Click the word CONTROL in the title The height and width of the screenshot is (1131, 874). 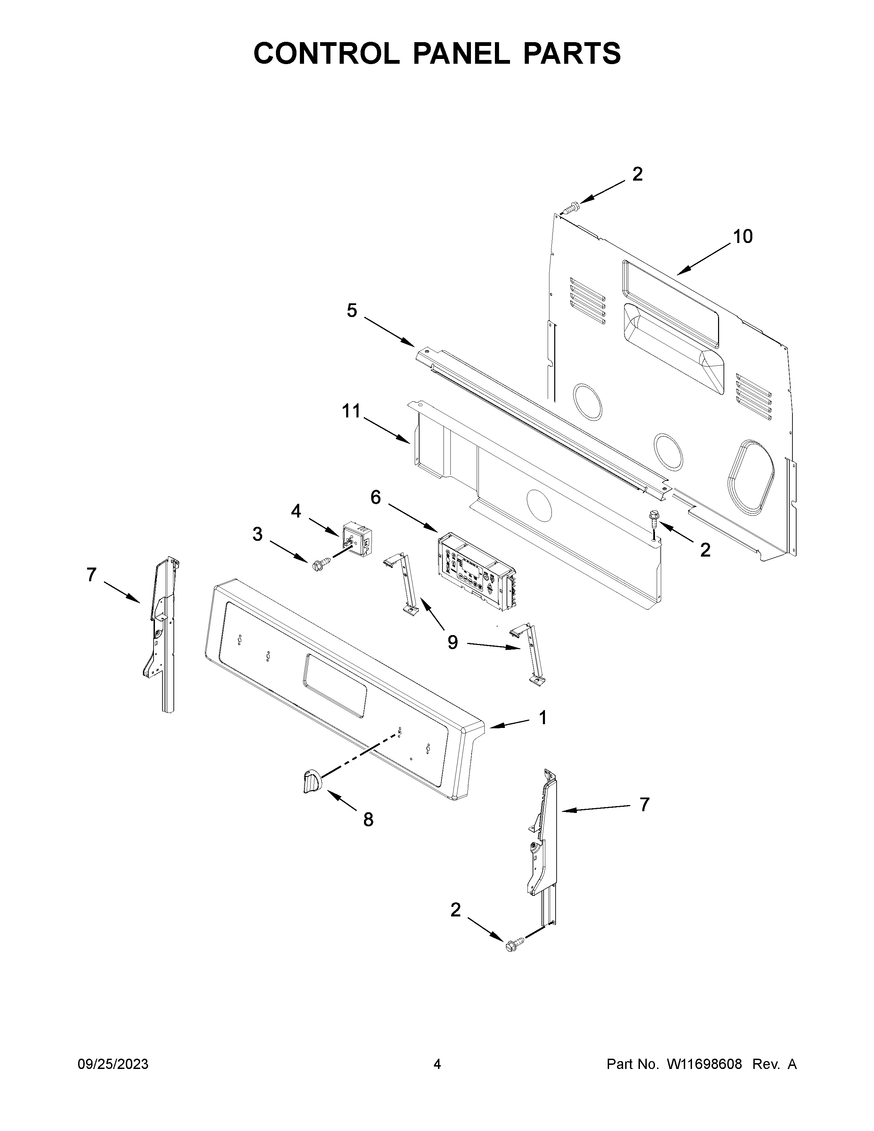pyautogui.click(x=326, y=53)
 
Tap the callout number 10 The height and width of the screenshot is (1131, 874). pyautogui.click(x=742, y=237)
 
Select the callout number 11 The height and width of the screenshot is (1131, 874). pyautogui.click(x=351, y=411)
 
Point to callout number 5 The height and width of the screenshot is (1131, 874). pyautogui.click(x=352, y=311)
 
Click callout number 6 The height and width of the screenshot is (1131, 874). pyautogui.click(x=375, y=497)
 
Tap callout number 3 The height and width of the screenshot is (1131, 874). pyautogui.click(x=257, y=534)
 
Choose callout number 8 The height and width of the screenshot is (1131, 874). pyautogui.click(x=368, y=820)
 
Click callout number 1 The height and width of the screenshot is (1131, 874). pyautogui.click(x=543, y=718)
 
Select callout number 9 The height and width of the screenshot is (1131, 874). pyautogui.click(x=452, y=643)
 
